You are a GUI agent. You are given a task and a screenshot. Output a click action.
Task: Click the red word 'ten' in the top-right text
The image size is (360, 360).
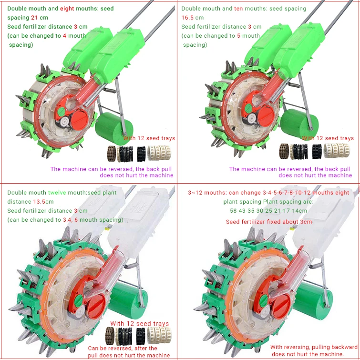tap(239, 9)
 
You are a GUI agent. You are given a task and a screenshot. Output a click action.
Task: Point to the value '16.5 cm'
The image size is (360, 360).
tap(193, 18)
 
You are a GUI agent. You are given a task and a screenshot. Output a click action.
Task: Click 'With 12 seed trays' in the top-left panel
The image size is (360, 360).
tap(149, 138)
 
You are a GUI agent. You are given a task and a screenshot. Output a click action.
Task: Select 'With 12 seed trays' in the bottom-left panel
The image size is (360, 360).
tap(140, 324)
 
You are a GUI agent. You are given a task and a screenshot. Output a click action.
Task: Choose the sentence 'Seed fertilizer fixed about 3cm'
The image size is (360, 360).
tap(269, 222)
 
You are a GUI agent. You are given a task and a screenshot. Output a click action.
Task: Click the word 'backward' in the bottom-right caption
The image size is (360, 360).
tap(343, 347)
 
